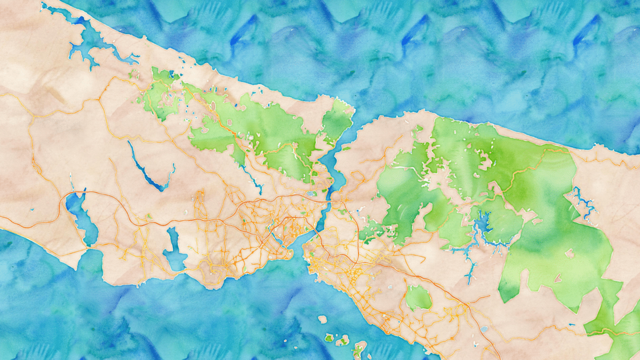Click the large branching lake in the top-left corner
click(x=85, y=43)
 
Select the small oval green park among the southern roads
click(x=419, y=298)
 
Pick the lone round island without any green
click(x=323, y=319)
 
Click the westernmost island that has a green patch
click(x=330, y=338)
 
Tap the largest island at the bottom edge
click(x=358, y=349)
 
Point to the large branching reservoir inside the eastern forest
click(x=483, y=227)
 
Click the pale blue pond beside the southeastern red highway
click(x=484, y=329)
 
